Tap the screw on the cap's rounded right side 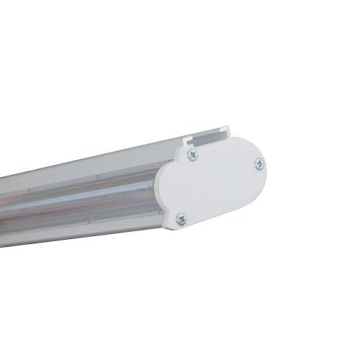coord(259,164)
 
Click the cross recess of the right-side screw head coord(259,164)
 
